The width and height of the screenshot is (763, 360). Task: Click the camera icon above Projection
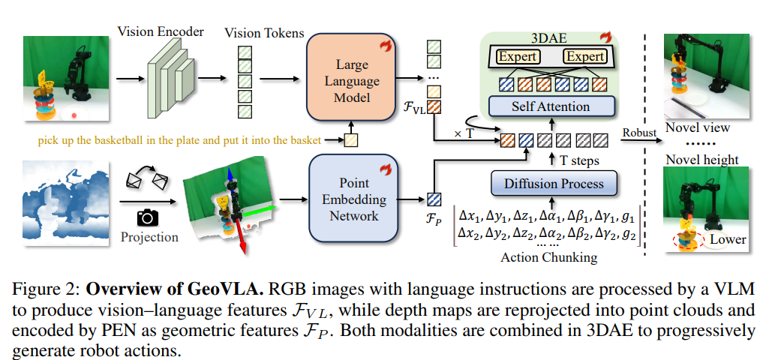[149, 217]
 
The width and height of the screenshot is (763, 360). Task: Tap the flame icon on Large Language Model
[386, 46]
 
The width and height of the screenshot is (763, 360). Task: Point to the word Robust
[638, 133]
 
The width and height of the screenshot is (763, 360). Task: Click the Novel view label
[698, 127]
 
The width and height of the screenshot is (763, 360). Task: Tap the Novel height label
[701, 159]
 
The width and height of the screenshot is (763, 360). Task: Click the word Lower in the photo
[727, 239]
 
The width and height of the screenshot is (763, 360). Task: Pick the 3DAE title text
[550, 36]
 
